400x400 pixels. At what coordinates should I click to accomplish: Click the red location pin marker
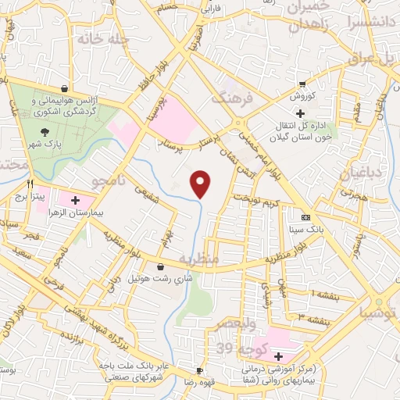tap(201, 183)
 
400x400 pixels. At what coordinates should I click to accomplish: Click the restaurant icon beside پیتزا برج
tap(32, 184)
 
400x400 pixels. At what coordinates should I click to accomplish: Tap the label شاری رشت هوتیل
tap(159, 278)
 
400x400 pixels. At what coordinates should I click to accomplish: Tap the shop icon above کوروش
tap(302, 85)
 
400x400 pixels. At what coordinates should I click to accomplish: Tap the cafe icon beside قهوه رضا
tap(200, 370)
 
